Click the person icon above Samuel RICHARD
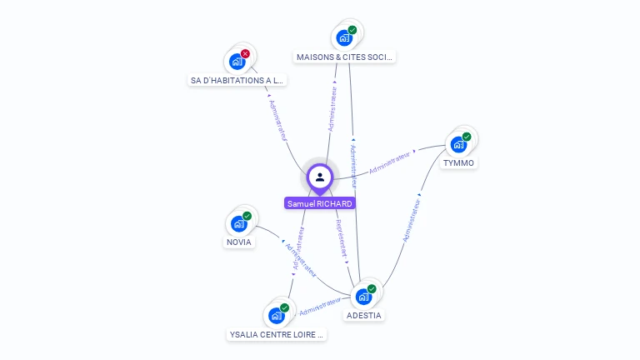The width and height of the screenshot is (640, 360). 320,177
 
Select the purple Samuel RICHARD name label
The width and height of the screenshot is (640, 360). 320,203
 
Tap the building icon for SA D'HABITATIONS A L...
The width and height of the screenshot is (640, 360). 237,61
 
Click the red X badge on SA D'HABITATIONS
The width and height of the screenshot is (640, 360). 245,53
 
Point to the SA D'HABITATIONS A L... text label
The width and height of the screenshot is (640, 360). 237,81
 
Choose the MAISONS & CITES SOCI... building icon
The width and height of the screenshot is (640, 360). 343,37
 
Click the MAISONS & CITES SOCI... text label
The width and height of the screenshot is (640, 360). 345,57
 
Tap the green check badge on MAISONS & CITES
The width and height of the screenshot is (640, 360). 352,30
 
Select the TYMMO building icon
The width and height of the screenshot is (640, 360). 458,144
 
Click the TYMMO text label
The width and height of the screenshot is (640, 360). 459,163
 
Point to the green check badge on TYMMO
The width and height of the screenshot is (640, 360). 467,137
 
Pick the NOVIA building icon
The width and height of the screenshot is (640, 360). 239,223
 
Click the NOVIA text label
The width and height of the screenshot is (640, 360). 238,242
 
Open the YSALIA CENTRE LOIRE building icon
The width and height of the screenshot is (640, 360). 277,316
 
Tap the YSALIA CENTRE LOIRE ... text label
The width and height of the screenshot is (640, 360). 277,335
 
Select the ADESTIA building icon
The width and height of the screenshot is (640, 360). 363,296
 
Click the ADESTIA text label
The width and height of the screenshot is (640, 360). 364,316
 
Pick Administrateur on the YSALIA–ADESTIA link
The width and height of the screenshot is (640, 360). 320,307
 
